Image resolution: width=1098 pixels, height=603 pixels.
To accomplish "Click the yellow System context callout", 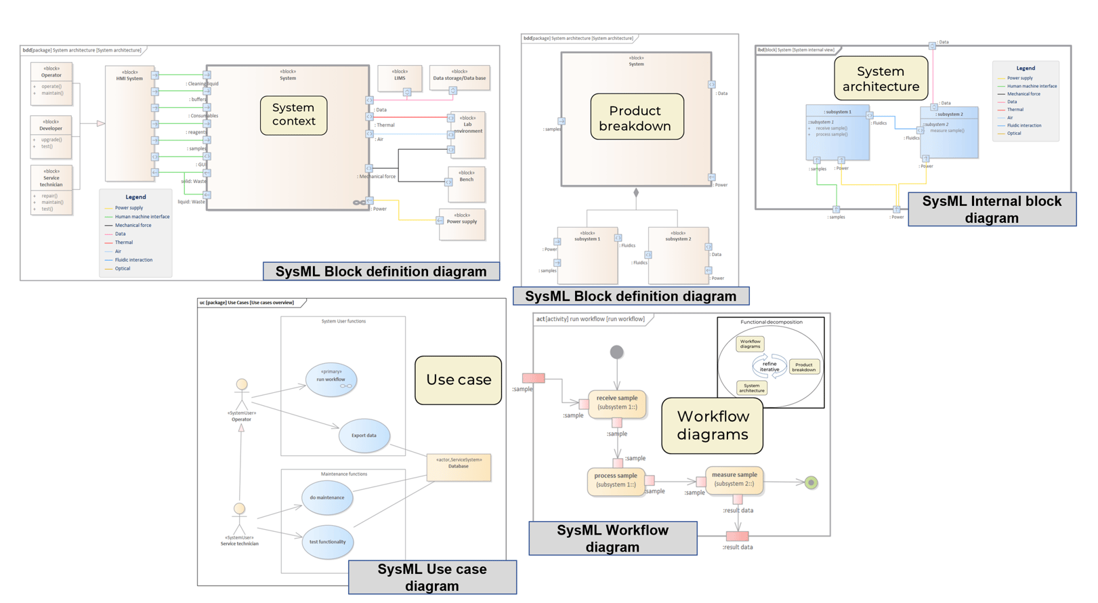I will click(293, 115).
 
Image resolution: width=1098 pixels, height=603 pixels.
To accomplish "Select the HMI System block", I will click(129, 122).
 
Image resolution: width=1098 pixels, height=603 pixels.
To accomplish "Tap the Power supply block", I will click(462, 224).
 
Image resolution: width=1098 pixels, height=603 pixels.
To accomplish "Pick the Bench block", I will click(467, 184).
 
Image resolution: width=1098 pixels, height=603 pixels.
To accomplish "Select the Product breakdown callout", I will click(637, 117).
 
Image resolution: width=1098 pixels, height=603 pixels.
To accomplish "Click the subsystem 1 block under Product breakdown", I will click(587, 254).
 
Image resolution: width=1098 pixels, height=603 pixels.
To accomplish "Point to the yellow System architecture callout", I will click(881, 79).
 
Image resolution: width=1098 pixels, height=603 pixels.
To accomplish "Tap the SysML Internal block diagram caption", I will click(992, 209).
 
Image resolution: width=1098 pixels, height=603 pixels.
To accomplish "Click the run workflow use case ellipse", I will click(331, 379).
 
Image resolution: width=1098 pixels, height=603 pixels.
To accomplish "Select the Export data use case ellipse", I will click(364, 436).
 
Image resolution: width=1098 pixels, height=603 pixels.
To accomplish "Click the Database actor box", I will click(459, 467).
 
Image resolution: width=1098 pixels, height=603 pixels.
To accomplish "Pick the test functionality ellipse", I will click(327, 541).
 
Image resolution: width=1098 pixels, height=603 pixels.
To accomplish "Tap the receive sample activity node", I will click(616, 402).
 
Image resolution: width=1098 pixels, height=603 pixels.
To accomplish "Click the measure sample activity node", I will click(734, 479).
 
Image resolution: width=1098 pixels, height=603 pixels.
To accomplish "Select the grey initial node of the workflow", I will click(616, 352).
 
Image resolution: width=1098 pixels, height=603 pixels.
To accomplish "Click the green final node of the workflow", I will click(811, 482).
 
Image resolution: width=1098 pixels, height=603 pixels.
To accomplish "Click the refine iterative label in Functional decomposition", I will click(769, 367).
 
